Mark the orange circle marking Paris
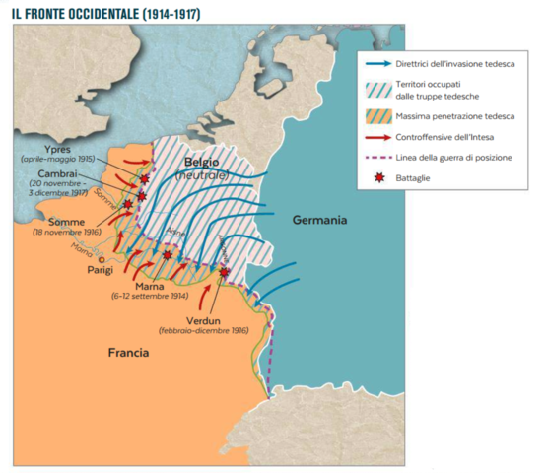[101, 259]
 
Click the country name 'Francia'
[128, 352]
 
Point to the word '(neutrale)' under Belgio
[201, 174]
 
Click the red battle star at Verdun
[224, 272]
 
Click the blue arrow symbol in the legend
[377, 63]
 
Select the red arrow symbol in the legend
[377, 138]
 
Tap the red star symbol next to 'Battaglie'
[377, 178]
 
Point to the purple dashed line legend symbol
[377, 158]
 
